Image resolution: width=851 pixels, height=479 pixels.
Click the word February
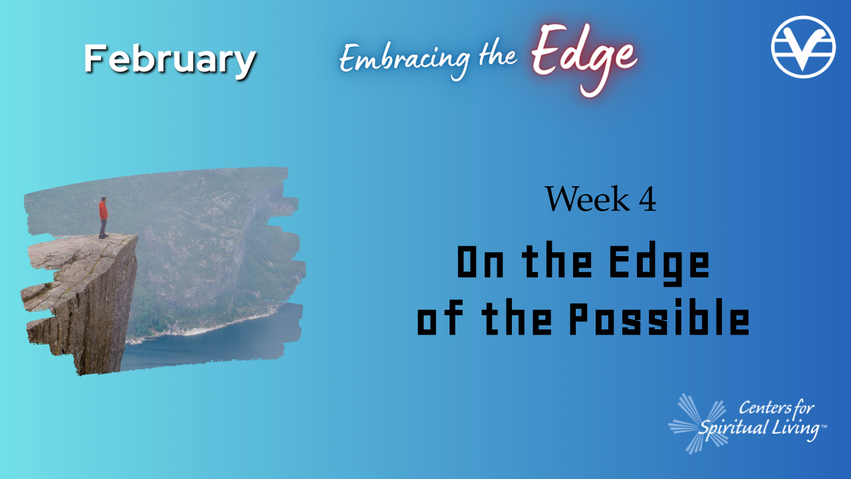[170, 60]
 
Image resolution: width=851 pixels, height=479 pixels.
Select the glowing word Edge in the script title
[583, 57]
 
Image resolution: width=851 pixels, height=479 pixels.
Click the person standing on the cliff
[103, 217]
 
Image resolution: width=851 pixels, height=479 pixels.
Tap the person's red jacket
[103, 210]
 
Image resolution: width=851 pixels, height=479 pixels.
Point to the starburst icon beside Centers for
[695, 423]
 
